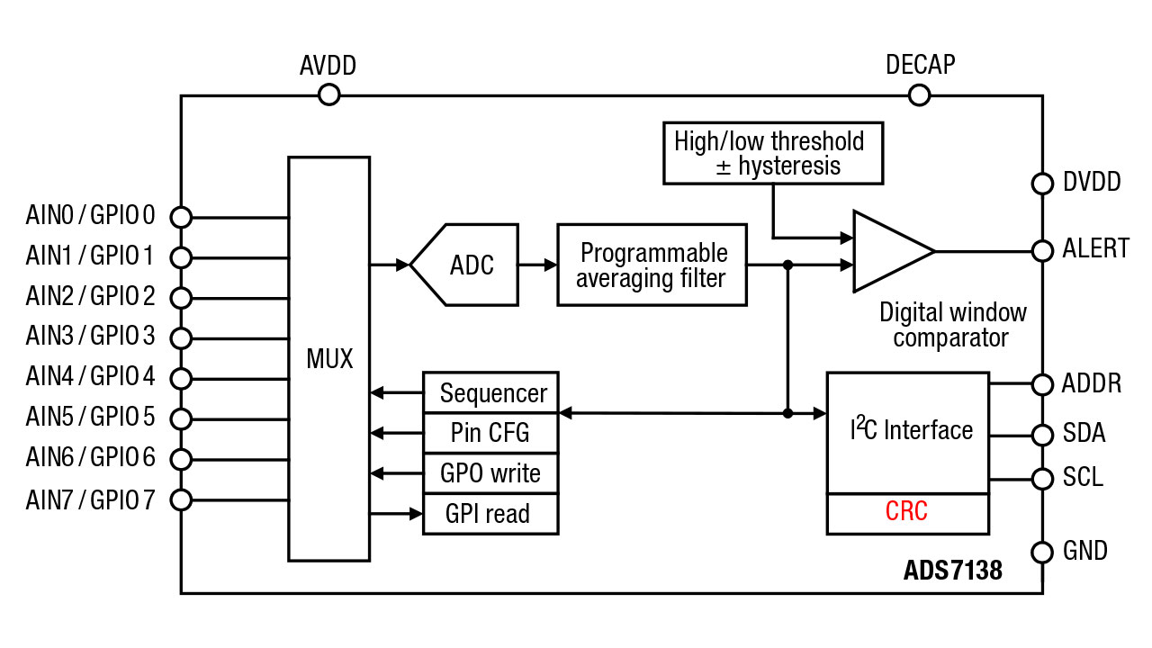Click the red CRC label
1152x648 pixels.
click(906, 511)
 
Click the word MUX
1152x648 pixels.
click(329, 358)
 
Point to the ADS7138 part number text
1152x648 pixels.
click(953, 570)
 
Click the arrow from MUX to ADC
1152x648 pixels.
click(390, 265)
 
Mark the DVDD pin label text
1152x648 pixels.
click(1092, 182)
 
